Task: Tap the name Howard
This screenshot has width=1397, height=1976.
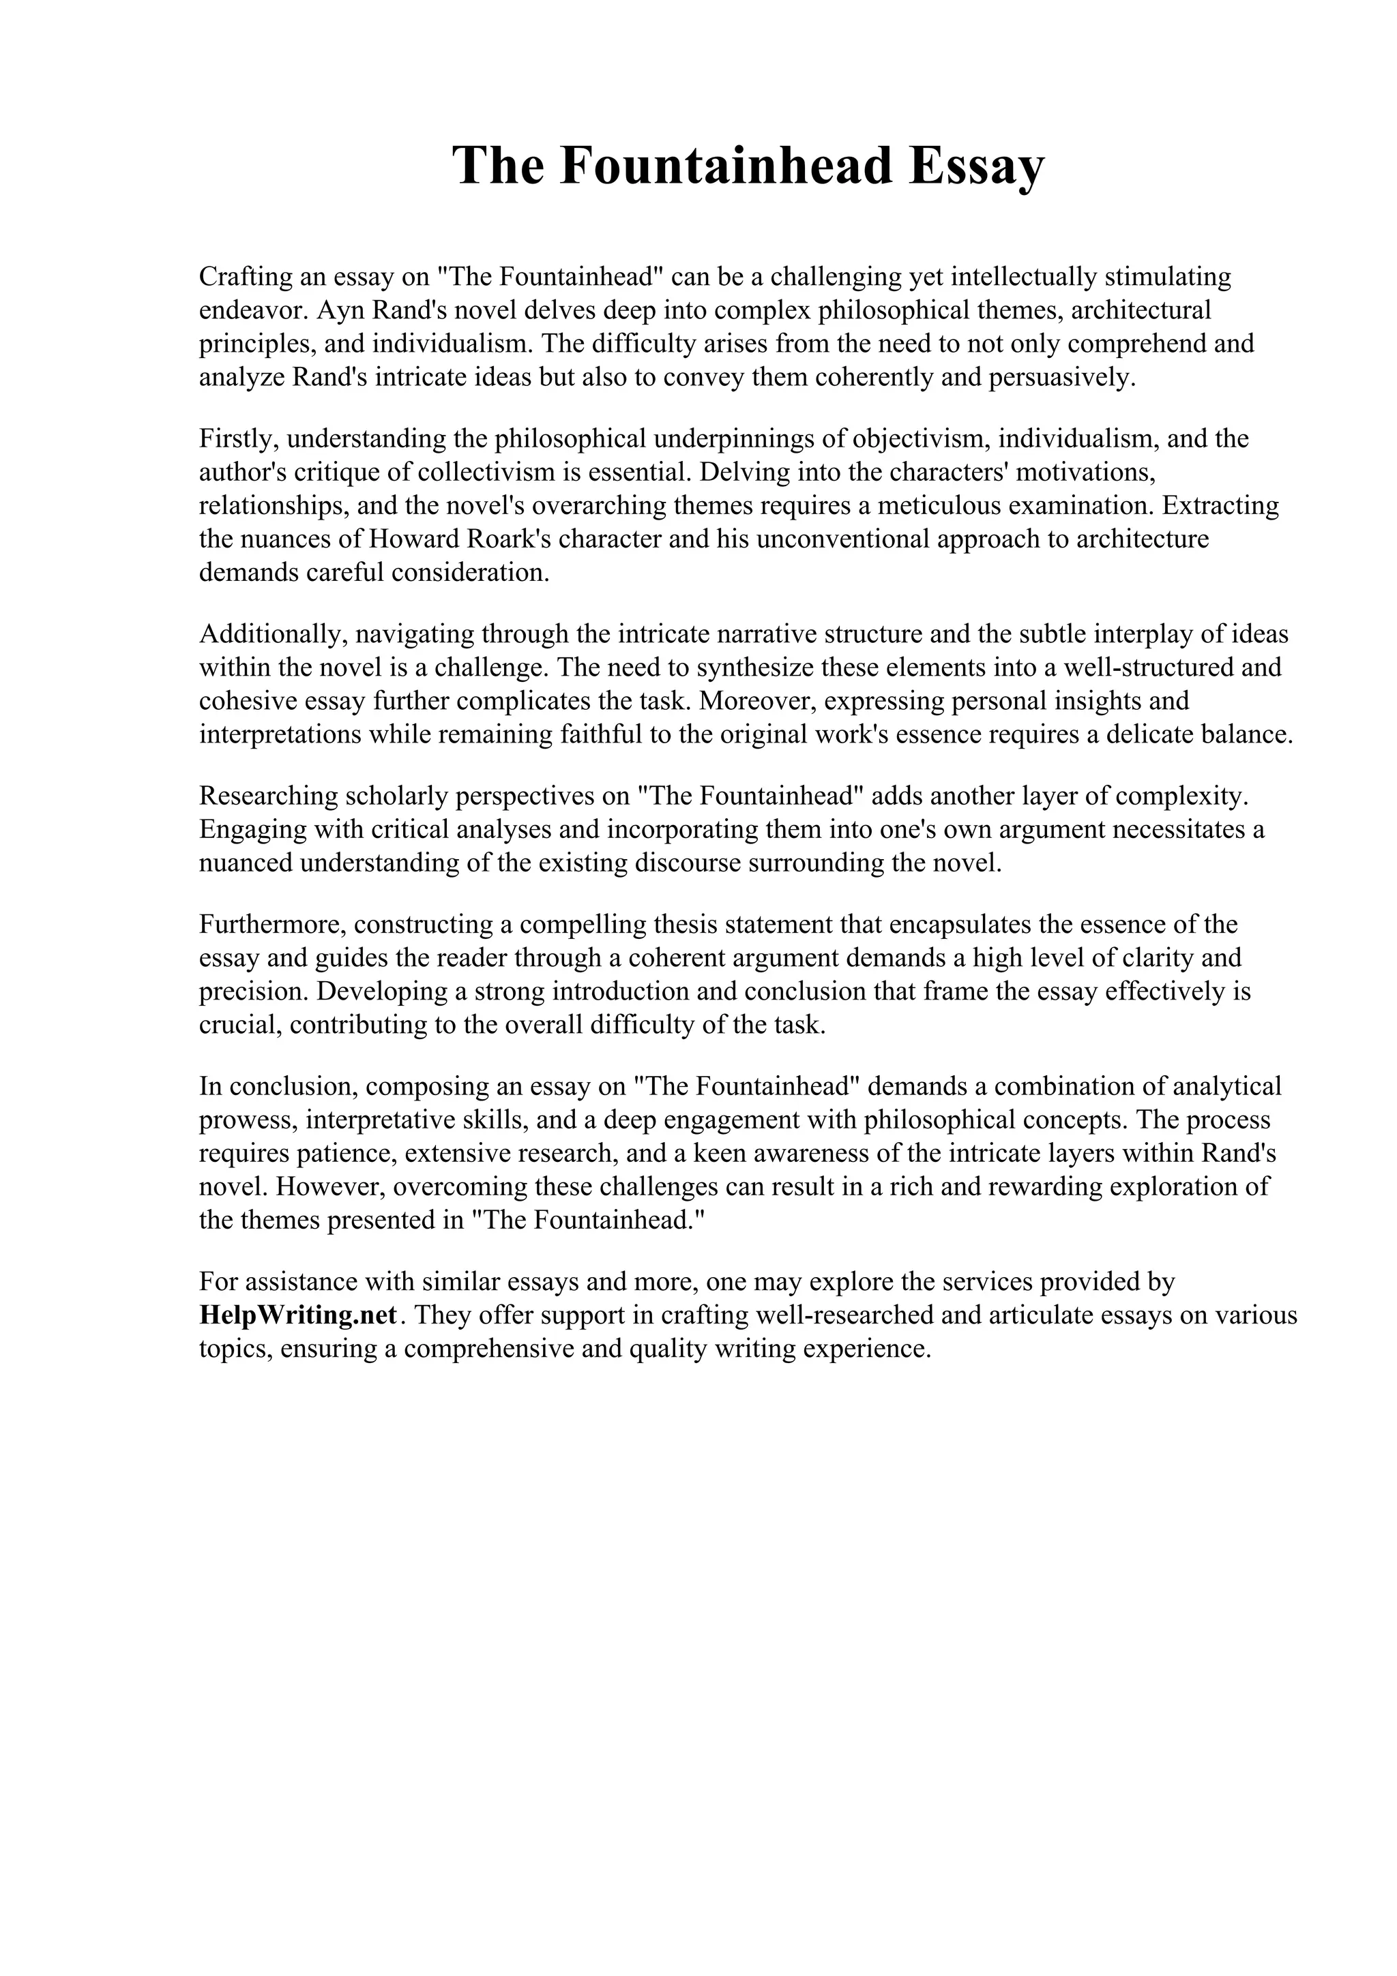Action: (411, 539)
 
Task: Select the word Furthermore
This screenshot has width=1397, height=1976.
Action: (272, 925)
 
